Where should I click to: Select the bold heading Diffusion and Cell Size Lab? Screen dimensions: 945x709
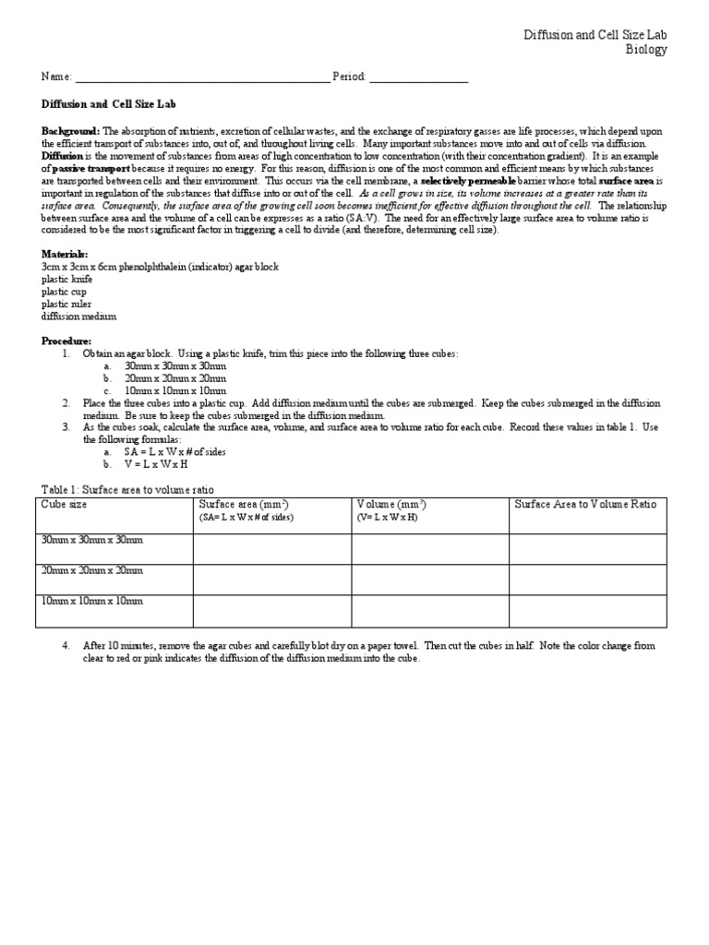click(102, 105)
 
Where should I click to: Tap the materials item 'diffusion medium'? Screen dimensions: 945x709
click(79, 317)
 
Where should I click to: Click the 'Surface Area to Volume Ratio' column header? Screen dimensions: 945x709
click(585, 505)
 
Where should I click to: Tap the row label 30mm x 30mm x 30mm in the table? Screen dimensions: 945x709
click(92, 540)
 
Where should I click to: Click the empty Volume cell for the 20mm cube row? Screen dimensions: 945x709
click(429, 580)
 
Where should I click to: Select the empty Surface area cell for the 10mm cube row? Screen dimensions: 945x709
click(271, 610)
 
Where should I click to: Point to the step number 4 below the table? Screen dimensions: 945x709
click(66, 646)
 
